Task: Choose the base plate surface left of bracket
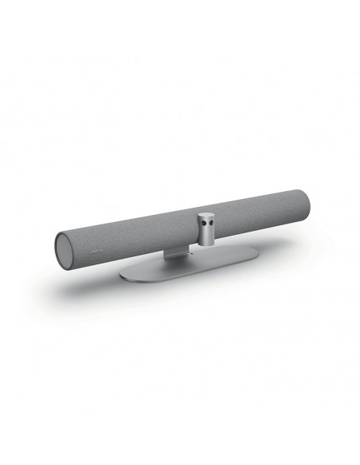147,272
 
